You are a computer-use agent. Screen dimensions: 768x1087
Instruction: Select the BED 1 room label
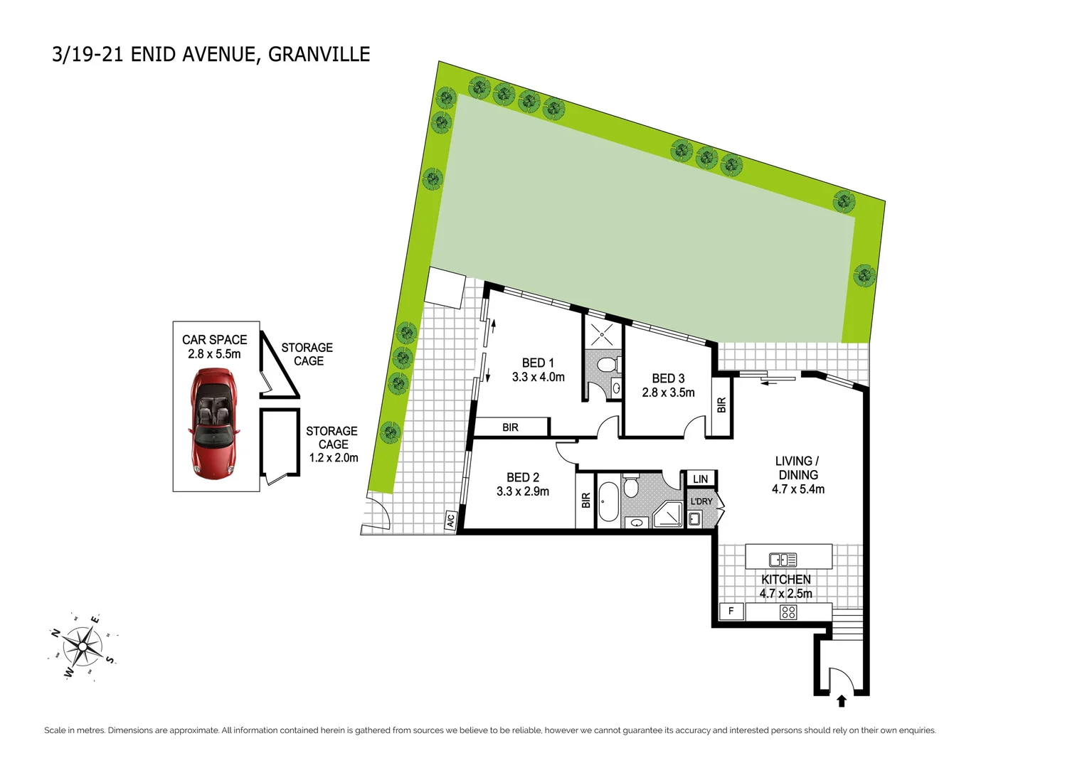[537, 363]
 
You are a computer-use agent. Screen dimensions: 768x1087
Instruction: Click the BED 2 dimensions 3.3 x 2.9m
[522, 491]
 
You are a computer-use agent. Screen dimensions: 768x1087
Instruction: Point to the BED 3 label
[668, 378]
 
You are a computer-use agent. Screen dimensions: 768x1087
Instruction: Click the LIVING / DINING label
[797, 468]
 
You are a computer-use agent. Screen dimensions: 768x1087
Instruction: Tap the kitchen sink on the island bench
[783, 560]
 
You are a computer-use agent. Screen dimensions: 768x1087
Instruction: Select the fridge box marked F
[731, 611]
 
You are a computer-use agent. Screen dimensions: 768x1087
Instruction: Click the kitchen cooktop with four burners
[788, 612]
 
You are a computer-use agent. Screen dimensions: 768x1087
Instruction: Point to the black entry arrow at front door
[842, 701]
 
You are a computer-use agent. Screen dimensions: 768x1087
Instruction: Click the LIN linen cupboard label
[700, 479]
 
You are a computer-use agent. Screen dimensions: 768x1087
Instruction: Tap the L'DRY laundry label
[701, 501]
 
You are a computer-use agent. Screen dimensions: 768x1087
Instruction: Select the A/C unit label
[450, 521]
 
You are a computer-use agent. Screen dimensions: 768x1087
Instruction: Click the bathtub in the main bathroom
[608, 502]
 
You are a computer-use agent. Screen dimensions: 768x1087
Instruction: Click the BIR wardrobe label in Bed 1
[510, 427]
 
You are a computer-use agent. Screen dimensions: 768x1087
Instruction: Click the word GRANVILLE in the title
[319, 55]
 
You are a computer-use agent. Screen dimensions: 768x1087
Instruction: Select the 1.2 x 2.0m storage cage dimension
[333, 458]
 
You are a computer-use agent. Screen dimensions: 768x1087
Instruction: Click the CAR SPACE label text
[214, 340]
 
